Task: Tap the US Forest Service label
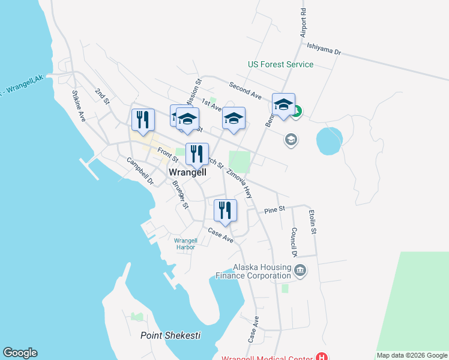pyautogui.click(x=280, y=64)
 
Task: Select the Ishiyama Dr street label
pyautogui.click(x=324, y=49)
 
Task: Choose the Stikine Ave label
pyautogui.click(x=79, y=106)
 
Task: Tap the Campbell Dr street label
pyautogui.click(x=140, y=171)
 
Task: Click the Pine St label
pyautogui.click(x=276, y=209)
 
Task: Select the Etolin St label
pyautogui.click(x=312, y=221)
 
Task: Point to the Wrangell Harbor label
pyautogui.click(x=185, y=244)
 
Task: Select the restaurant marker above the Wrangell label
pyautogui.click(x=197, y=155)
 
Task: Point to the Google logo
pyautogui.click(x=20, y=353)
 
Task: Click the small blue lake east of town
pyautogui.click(x=329, y=140)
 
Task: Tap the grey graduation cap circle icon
pyautogui.click(x=291, y=140)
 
